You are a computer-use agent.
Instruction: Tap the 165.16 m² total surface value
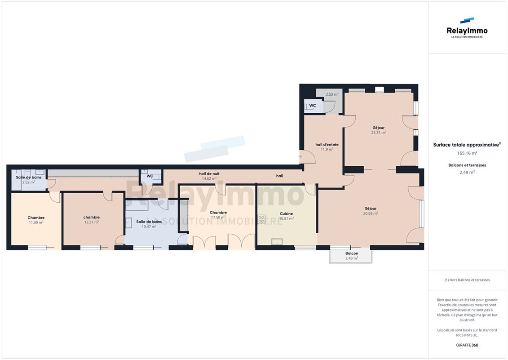click(467, 153)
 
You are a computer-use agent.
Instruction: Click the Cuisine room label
click(287, 214)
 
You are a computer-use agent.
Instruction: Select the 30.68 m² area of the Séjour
click(371, 213)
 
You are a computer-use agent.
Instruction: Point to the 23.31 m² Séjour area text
click(378, 133)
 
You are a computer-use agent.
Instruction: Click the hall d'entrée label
click(327, 145)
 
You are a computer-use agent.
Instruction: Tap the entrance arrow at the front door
click(300, 157)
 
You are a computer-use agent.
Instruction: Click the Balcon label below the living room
click(352, 253)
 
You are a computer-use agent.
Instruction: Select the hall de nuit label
click(209, 174)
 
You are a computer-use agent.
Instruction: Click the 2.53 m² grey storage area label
click(332, 94)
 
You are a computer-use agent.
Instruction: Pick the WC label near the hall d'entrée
click(312, 106)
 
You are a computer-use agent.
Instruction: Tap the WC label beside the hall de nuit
click(150, 176)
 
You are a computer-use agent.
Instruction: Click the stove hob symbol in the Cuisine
click(261, 219)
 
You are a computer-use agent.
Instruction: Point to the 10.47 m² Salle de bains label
click(149, 227)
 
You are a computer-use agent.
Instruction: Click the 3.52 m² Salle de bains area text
click(28, 182)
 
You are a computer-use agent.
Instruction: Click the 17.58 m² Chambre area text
click(218, 217)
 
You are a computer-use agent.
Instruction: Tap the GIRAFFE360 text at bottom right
click(467, 345)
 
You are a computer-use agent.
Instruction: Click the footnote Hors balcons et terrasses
click(467, 280)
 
